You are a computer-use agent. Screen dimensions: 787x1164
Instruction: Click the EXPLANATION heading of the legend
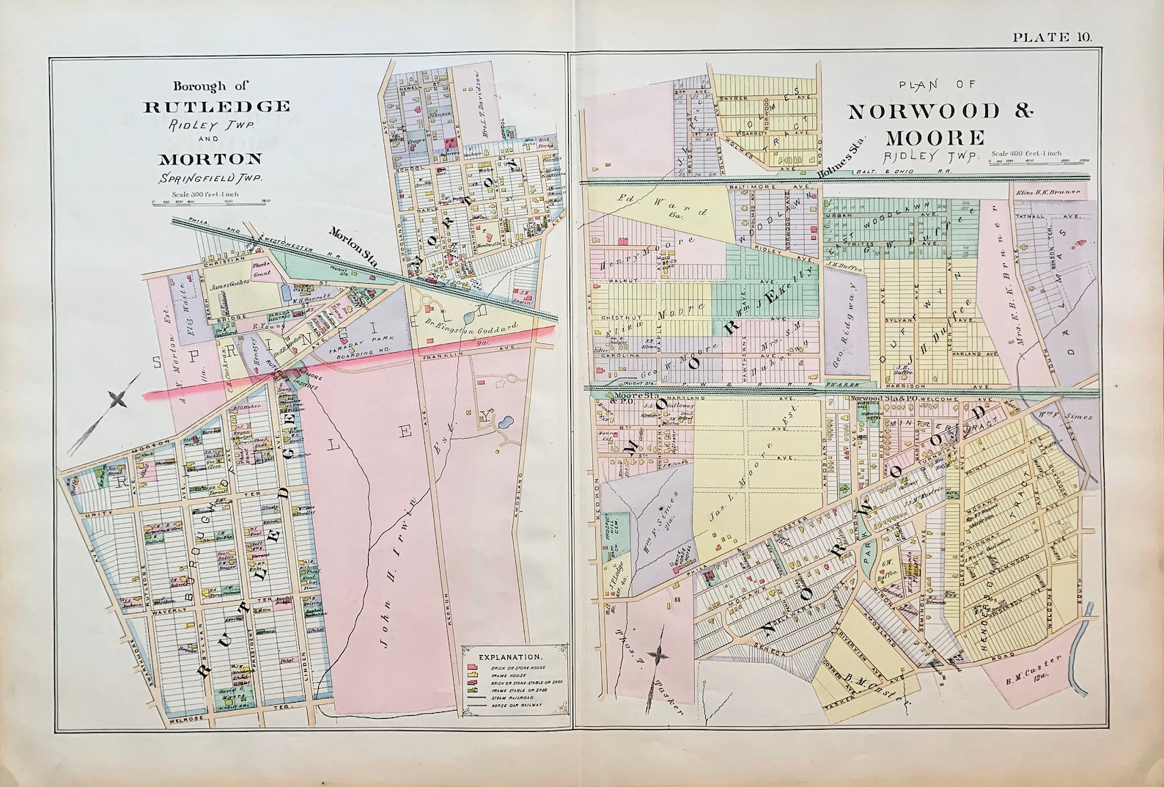[510, 656]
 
